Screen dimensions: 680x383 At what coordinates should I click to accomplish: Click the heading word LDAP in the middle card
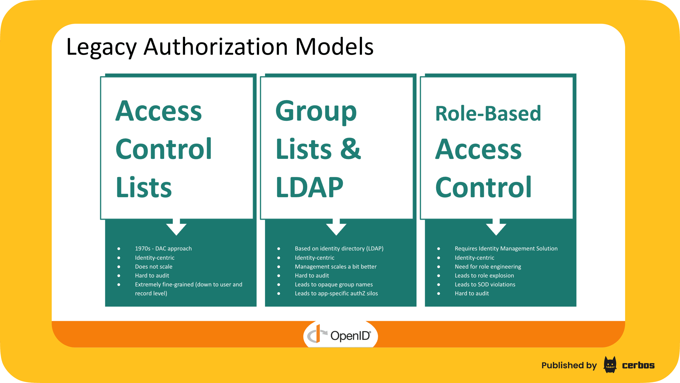coord(309,187)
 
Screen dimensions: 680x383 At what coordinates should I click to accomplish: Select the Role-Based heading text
coord(488,113)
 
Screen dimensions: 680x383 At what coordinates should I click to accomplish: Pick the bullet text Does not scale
coord(154,267)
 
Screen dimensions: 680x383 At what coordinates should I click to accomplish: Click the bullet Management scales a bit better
coord(336,267)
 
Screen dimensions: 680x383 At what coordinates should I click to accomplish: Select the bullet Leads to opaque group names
coord(334,284)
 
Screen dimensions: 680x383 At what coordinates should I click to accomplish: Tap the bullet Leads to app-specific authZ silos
coord(336,293)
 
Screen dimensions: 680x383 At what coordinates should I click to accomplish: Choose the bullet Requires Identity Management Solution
coord(506,248)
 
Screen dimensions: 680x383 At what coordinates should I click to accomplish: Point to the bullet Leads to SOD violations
coord(485,284)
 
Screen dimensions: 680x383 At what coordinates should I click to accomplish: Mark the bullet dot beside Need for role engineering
coord(438,267)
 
